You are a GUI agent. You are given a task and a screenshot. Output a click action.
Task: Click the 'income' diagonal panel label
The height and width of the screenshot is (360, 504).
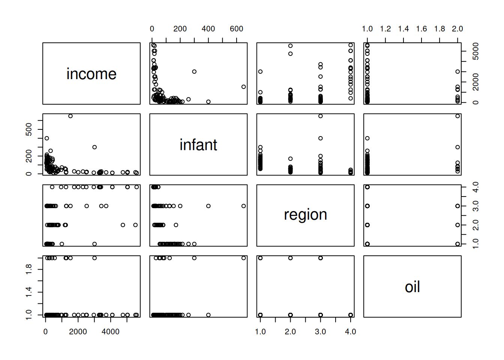tap(91, 74)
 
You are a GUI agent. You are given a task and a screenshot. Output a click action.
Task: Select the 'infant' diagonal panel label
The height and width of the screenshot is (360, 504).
tap(198, 145)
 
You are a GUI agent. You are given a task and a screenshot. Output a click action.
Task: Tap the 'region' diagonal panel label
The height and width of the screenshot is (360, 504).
tap(305, 215)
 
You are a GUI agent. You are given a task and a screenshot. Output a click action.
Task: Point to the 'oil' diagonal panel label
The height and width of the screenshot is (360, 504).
tap(412, 287)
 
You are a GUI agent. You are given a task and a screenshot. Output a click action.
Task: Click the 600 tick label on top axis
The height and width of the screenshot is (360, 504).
tap(236, 29)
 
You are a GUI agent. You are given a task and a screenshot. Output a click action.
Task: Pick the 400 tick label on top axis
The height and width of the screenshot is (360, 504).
tap(208, 29)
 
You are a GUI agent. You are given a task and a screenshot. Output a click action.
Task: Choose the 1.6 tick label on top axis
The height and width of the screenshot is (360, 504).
tap(421, 29)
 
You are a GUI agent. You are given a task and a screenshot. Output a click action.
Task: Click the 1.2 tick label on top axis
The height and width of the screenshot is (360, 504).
tap(385, 29)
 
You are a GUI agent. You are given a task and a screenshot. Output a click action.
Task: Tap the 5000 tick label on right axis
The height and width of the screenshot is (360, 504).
tap(475, 51)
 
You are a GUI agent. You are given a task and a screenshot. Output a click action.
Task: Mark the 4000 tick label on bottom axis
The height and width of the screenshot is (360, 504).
tap(111, 331)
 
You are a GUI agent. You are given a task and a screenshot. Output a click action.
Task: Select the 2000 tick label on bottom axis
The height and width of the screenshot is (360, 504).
tap(78, 331)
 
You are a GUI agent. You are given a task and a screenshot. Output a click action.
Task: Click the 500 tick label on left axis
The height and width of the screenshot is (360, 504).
tap(29, 130)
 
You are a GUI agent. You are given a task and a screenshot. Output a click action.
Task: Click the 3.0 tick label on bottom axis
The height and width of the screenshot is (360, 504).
tap(320, 331)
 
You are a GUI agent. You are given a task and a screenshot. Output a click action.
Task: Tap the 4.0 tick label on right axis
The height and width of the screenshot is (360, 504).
tap(475, 187)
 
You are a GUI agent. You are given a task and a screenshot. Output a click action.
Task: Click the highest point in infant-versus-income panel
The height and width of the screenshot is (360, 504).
tap(70, 116)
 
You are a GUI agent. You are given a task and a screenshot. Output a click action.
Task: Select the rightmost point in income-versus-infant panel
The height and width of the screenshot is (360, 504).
tap(244, 87)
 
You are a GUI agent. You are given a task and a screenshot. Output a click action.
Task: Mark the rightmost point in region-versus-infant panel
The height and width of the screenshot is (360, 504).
tap(244, 206)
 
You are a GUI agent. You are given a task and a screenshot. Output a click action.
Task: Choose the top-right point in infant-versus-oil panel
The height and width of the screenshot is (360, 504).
tap(457, 116)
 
